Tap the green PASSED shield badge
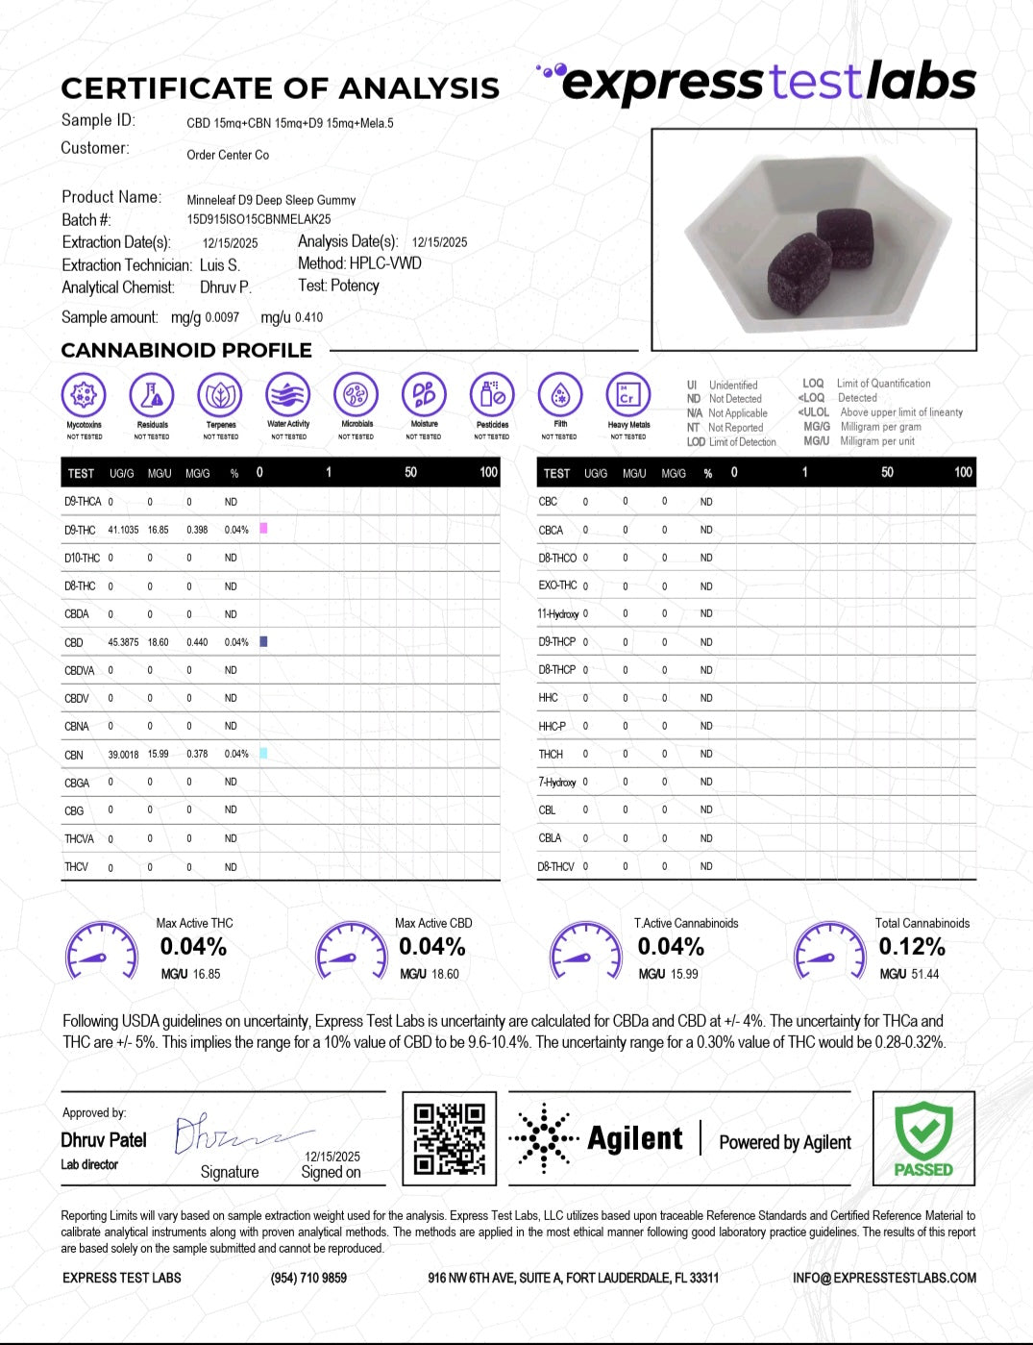pos(923,1138)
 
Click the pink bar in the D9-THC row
pos(263,529)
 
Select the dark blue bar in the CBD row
pos(263,641)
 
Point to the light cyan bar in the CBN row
pos(263,754)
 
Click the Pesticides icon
pos(492,395)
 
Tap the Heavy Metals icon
pos(627,395)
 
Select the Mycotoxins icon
pos(84,395)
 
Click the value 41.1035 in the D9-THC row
pos(123,530)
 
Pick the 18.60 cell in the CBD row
pos(158,642)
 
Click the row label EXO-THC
pos(557,585)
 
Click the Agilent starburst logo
pos(544,1139)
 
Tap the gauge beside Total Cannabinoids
pos(829,951)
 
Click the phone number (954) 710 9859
pos(308,1278)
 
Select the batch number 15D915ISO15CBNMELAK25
pos(258,219)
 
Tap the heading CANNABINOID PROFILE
pos(186,350)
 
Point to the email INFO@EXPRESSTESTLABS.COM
pos(884,1278)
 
